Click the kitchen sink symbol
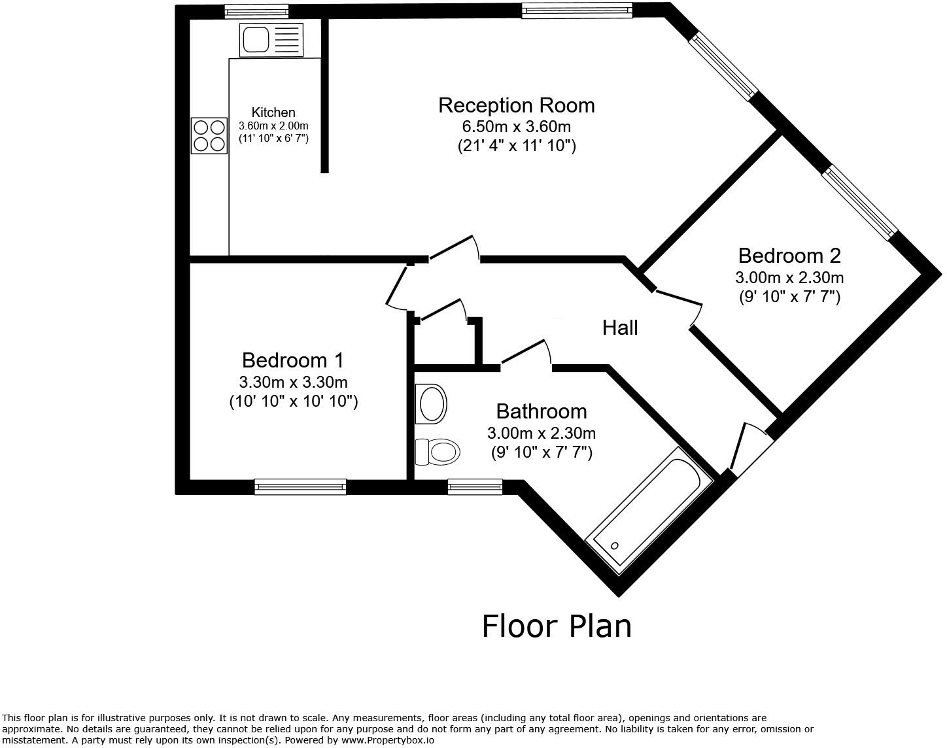coord(271,39)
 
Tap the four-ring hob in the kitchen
coord(209,135)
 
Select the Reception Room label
coord(516,105)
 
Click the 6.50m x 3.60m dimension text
coord(516,126)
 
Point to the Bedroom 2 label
coord(789,256)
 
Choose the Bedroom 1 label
coord(292,360)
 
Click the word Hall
coord(619,328)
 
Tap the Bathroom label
coord(541,411)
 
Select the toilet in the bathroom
coord(437,452)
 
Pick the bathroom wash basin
coord(431,404)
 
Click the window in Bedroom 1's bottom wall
coord(300,486)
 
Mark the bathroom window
coord(475,486)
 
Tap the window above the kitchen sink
coord(256,10)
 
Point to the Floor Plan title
coord(557,626)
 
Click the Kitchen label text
coord(273,112)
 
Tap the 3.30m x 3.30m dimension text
coord(293,382)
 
